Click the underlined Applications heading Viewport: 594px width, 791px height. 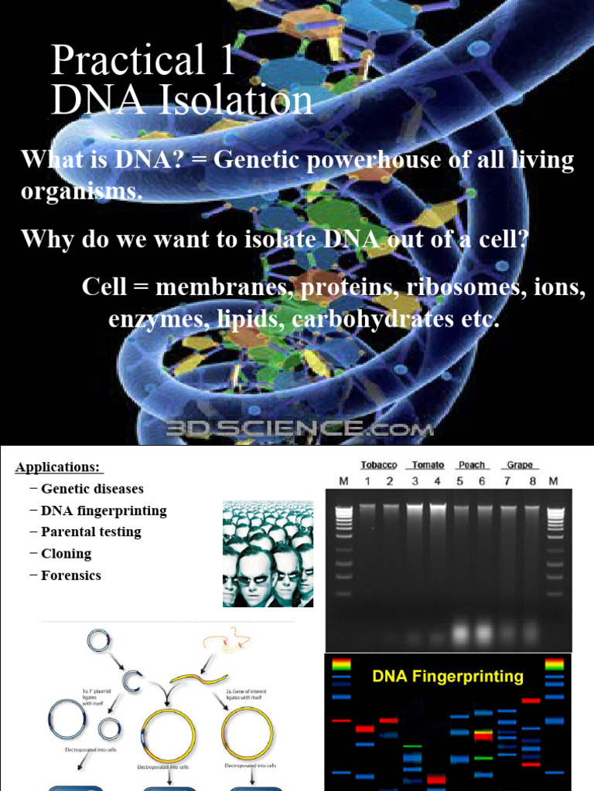click(x=59, y=467)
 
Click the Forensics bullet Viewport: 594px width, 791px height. click(x=71, y=575)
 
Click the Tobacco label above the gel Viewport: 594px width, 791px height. click(x=379, y=464)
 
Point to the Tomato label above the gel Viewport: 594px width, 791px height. click(x=428, y=464)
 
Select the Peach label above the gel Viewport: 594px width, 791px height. click(x=472, y=464)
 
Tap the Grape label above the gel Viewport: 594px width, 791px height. click(x=520, y=464)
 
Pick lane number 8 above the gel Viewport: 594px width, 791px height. click(x=531, y=482)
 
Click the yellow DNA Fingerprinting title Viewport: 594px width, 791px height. click(x=448, y=677)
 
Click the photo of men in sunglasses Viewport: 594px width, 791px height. click(x=268, y=553)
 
